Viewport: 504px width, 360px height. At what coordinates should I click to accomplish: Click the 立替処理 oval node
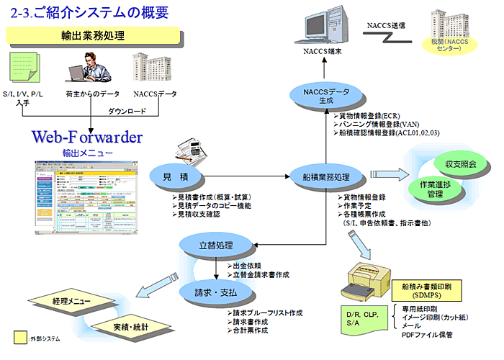click(x=216, y=246)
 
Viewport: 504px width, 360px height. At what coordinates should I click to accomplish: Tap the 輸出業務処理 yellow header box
click(x=93, y=35)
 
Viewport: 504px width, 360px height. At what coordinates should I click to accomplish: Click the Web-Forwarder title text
click(x=87, y=137)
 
